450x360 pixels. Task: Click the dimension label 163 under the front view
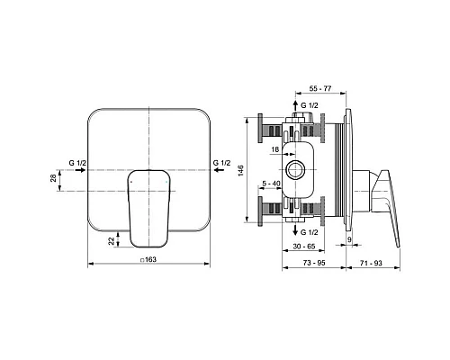click(x=150, y=260)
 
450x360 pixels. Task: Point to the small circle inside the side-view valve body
click(x=293, y=169)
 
